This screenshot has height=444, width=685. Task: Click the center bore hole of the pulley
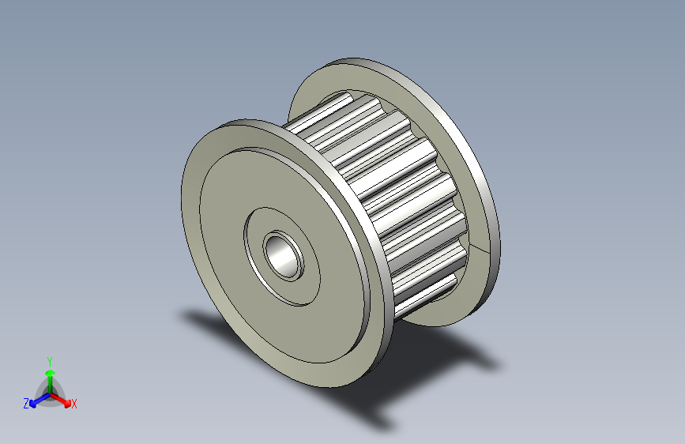point(284,256)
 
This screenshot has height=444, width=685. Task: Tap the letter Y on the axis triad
point(50,362)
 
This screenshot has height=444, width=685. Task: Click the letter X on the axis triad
point(73,404)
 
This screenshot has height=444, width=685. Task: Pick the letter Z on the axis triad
point(26,404)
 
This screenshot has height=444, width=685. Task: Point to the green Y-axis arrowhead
point(50,373)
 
